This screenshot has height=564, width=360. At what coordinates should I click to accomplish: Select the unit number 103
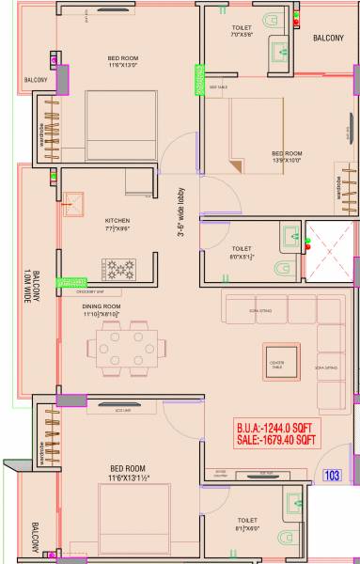(331, 476)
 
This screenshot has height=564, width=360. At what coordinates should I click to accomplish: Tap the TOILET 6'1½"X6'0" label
(247, 524)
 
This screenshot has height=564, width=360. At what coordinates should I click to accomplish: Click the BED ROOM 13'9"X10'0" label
(287, 156)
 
